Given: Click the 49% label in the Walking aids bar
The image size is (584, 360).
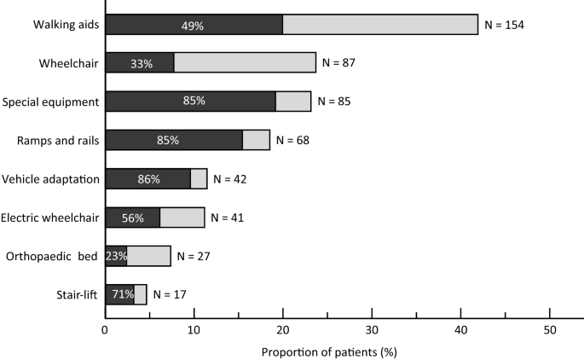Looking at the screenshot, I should [193, 25].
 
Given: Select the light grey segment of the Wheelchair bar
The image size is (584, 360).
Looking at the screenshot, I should [245, 63].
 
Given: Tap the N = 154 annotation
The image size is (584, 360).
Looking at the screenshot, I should [504, 25].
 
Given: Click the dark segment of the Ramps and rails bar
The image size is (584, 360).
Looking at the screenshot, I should [174, 140].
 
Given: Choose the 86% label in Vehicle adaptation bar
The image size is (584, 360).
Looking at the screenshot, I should [149, 179].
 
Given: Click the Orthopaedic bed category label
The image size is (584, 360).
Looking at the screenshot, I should [52, 256].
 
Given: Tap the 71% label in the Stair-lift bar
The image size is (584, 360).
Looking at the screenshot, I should [119, 294].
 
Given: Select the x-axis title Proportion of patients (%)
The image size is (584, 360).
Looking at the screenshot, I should [328, 351].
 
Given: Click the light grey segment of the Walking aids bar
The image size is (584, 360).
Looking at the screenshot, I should [380, 25].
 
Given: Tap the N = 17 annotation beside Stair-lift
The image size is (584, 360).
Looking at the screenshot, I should [169, 294].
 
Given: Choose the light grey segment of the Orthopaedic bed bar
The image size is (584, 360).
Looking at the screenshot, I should [148, 256].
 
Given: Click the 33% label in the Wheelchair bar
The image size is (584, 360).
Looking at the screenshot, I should [142, 63].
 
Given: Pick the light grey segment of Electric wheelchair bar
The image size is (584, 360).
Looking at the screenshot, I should [182, 218].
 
